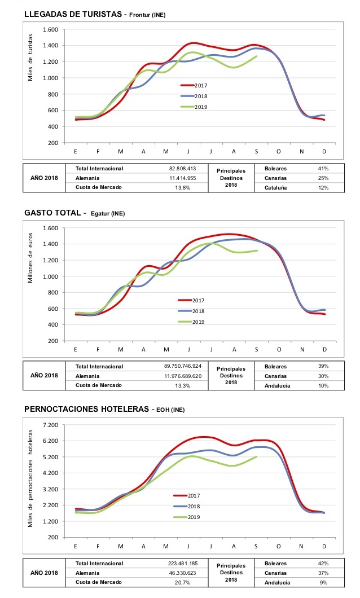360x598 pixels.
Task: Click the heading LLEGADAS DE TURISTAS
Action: (x=73, y=15)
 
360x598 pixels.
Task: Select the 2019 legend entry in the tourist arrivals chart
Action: (x=194, y=107)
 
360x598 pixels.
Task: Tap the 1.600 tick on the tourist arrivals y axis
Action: (x=51, y=29)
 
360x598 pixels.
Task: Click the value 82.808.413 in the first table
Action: (x=183, y=168)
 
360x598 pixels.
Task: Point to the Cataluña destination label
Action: (x=276, y=188)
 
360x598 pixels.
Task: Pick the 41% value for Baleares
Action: (x=323, y=168)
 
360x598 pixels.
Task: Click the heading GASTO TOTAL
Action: (x=52, y=213)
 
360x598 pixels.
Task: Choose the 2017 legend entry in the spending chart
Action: (x=191, y=301)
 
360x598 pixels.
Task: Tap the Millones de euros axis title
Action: (x=30, y=258)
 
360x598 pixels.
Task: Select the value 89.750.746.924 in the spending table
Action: (x=183, y=366)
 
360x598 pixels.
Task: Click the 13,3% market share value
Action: (x=183, y=385)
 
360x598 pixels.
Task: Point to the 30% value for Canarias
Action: (x=323, y=376)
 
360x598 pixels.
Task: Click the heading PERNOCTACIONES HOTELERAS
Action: (x=86, y=409)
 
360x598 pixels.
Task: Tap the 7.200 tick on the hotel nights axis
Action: (x=51, y=425)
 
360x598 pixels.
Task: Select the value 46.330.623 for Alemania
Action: (x=183, y=573)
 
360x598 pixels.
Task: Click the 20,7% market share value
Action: (x=183, y=582)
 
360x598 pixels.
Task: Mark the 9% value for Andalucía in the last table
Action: (x=324, y=582)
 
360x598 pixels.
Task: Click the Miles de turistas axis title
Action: (x=30, y=58)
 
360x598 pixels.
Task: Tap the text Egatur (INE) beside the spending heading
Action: (x=108, y=214)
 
